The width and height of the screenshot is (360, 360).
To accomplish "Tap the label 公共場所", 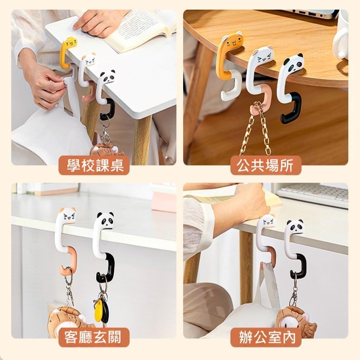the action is (x=265, y=165).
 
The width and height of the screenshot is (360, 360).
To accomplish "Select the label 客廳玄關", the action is (x=93, y=337).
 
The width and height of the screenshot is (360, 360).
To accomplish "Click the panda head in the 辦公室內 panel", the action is (x=295, y=227).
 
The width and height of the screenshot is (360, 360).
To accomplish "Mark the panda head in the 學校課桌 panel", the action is (x=107, y=77).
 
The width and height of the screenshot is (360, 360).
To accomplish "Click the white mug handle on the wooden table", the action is (x=338, y=45).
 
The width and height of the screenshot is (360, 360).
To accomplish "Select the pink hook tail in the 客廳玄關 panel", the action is (x=69, y=262).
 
